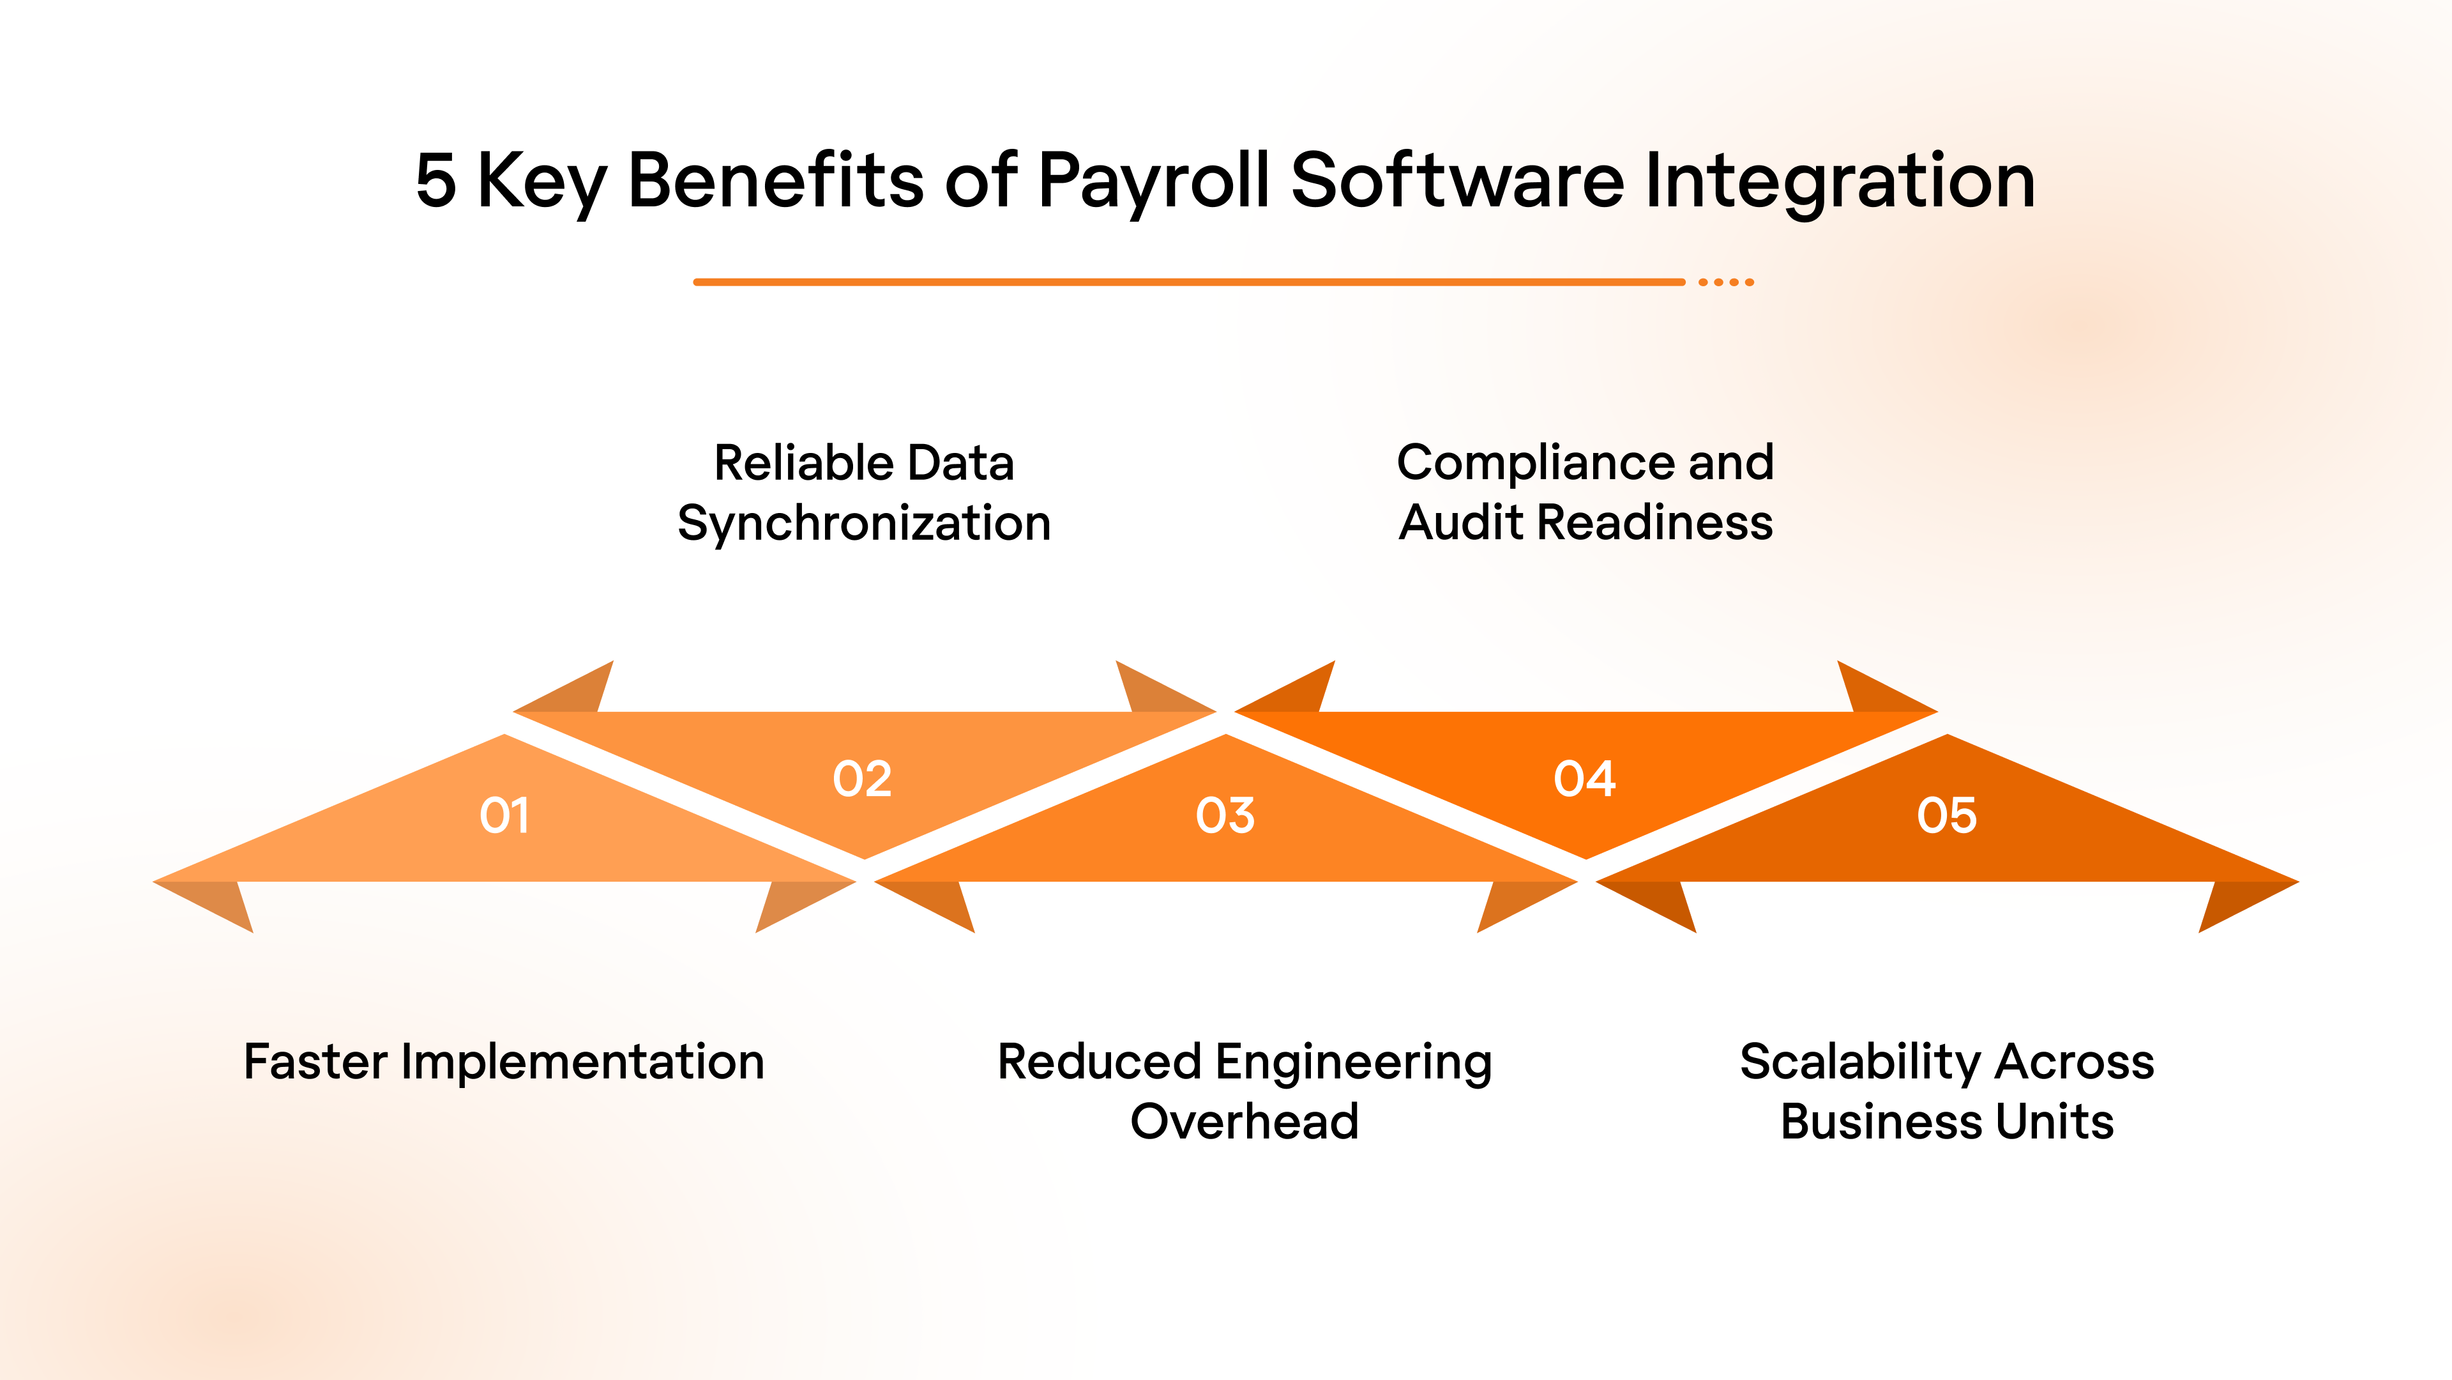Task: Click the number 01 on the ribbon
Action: click(x=504, y=815)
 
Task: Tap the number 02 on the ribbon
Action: click(x=863, y=779)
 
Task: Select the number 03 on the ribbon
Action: click(x=1225, y=815)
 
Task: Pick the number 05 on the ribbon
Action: click(x=1946, y=815)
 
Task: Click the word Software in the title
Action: click(x=1457, y=181)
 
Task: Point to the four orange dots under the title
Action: click(x=1726, y=282)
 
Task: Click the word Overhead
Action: click(x=1244, y=1121)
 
